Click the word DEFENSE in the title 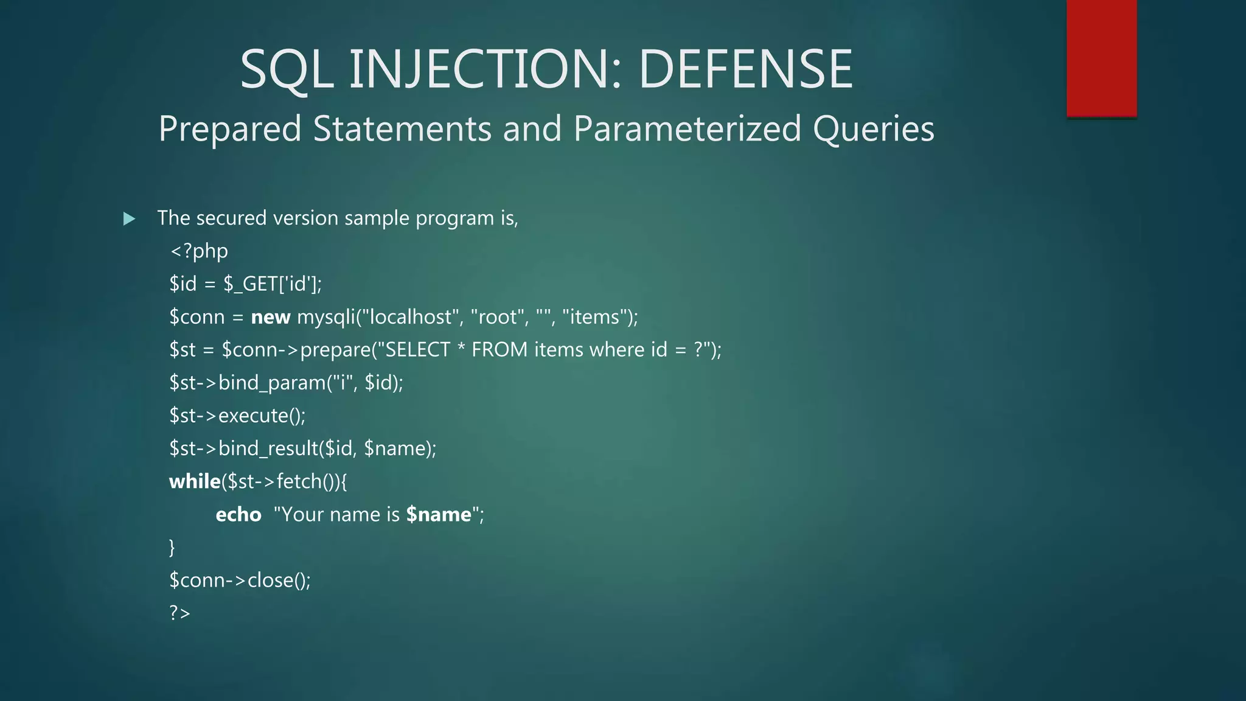pos(745,69)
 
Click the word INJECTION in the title pos(484,69)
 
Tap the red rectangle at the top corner pos(1101,58)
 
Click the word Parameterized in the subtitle pos(687,129)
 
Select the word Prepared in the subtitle pos(230,129)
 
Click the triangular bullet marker pos(129,218)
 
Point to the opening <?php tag pos(199,251)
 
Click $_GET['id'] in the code pos(272,284)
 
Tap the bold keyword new pos(271,317)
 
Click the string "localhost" pos(411,317)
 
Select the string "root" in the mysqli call pos(498,317)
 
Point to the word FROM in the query pos(499,350)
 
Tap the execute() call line pos(237,416)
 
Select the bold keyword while pos(195,481)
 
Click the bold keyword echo pos(238,515)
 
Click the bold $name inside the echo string pos(439,515)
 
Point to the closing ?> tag pos(180,613)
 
